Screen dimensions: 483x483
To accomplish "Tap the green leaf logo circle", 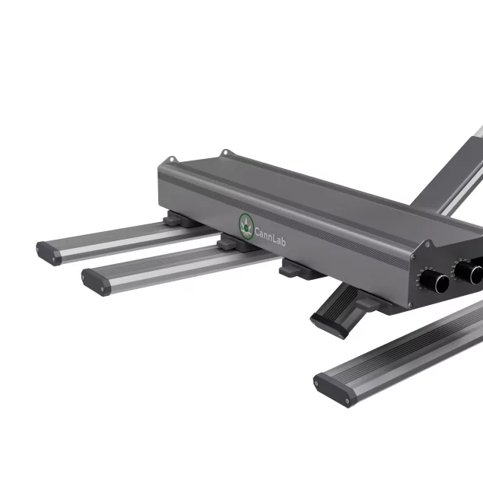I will click(246, 224).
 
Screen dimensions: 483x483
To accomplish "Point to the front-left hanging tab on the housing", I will click(170, 159).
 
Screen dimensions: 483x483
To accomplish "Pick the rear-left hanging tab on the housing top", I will click(224, 154).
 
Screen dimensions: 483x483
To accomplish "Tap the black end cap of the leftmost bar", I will click(49, 252).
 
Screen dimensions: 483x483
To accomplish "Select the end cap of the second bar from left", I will click(95, 281).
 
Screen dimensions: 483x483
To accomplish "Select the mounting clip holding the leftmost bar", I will click(177, 220).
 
